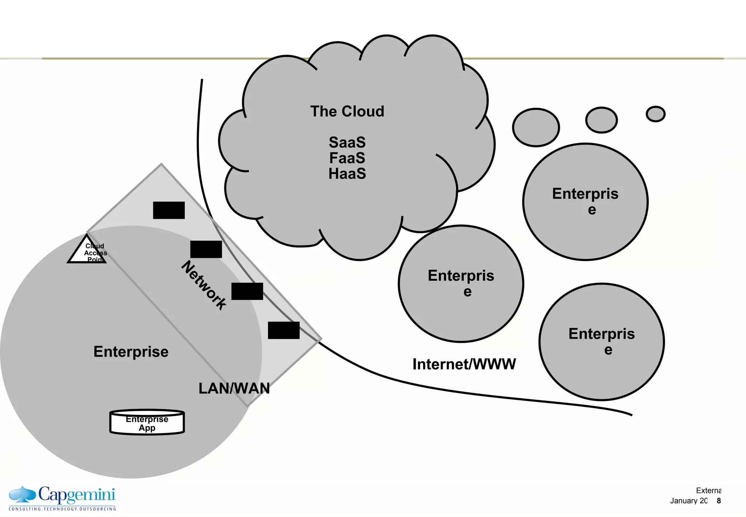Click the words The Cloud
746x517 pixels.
[x=347, y=111]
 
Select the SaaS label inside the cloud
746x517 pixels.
[x=347, y=143]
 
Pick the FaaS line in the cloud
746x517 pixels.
[x=347, y=158]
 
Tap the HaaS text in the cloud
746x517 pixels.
[x=347, y=174]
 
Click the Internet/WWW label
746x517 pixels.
[x=464, y=364]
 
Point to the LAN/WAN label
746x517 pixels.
[x=234, y=388]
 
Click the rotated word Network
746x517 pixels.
[x=204, y=285]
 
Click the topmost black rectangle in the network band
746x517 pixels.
[x=169, y=210]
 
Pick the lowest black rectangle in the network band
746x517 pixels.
[x=284, y=330]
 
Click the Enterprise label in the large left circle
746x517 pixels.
[x=131, y=352]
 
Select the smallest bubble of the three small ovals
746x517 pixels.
[x=656, y=114]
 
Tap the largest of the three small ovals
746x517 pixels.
[x=536, y=128]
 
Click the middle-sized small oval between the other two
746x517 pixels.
[x=601, y=120]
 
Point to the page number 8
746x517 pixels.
[x=719, y=501]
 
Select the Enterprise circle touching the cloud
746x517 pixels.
[x=461, y=284]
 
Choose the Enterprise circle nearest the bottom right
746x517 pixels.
[x=601, y=342]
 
